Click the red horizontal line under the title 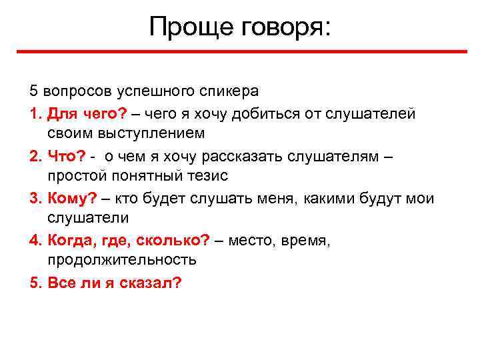tap(240, 52)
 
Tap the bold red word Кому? tap(73, 198)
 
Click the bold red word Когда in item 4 tap(69, 241)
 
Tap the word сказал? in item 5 tap(150, 282)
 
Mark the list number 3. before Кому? tap(36, 198)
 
